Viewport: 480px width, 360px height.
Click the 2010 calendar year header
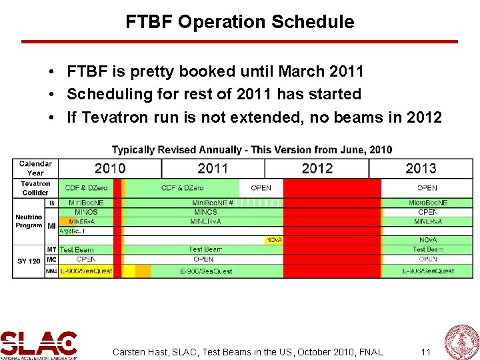click(110, 169)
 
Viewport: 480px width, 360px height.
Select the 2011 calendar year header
click(213, 169)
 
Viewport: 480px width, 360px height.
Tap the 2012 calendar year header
click(317, 169)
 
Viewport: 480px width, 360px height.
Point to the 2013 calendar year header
click(421, 169)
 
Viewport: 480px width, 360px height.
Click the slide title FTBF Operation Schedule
click(240, 22)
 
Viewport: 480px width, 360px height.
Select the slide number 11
click(426, 351)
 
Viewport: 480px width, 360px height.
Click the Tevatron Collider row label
click(35, 188)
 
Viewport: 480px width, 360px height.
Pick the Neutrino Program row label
click(29, 221)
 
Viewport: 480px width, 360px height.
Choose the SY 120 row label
click(29, 261)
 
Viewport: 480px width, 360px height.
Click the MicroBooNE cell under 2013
click(427, 203)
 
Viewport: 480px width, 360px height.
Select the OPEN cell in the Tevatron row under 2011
click(261, 188)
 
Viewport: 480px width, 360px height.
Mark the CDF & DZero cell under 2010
click(85, 188)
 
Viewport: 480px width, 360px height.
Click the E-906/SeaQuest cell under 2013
click(427, 271)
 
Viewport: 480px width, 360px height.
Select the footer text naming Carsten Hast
click(248, 351)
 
